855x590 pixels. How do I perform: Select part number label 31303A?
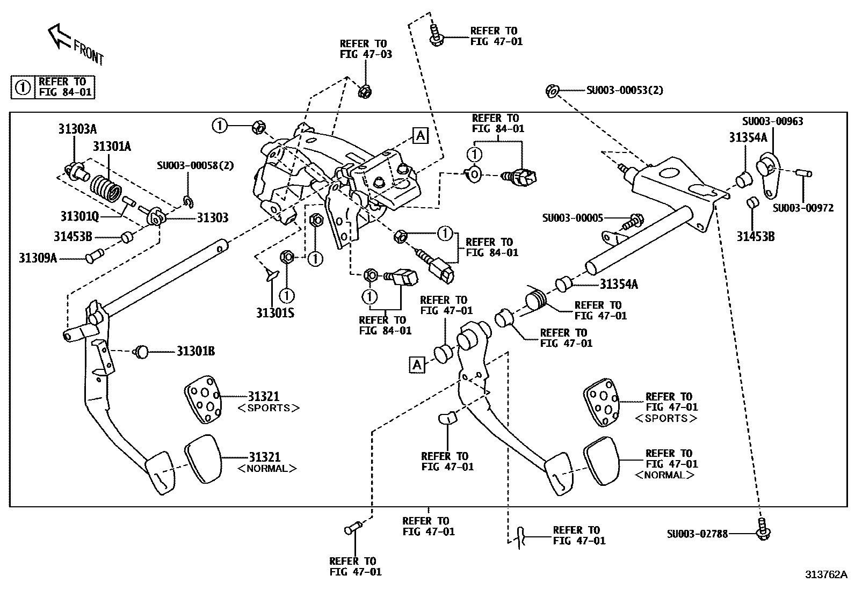click(x=77, y=129)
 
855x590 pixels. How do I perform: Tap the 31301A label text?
click(x=112, y=147)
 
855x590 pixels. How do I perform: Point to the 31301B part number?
click(x=196, y=351)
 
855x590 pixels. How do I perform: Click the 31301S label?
click(x=275, y=312)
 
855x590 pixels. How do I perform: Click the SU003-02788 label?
click(x=697, y=534)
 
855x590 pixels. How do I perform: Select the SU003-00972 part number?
click(x=803, y=208)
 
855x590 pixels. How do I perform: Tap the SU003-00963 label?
click(x=773, y=121)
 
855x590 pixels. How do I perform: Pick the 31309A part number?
click(x=38, y=258)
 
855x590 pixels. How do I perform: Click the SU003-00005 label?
click(x=573, y=218)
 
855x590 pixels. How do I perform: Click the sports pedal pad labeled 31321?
click(x=202, y=399)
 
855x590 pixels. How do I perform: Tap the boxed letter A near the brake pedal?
click(x=417, y=365)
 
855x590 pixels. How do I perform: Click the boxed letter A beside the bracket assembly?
click(x=420, y=136)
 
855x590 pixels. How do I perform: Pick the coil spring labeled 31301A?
click(x=105, y=188)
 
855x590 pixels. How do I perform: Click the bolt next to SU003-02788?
click(x=763, y=529)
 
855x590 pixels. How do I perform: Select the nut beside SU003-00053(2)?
click(x=552, y=91)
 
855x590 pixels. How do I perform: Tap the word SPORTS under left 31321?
click(x=268, y=408)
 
